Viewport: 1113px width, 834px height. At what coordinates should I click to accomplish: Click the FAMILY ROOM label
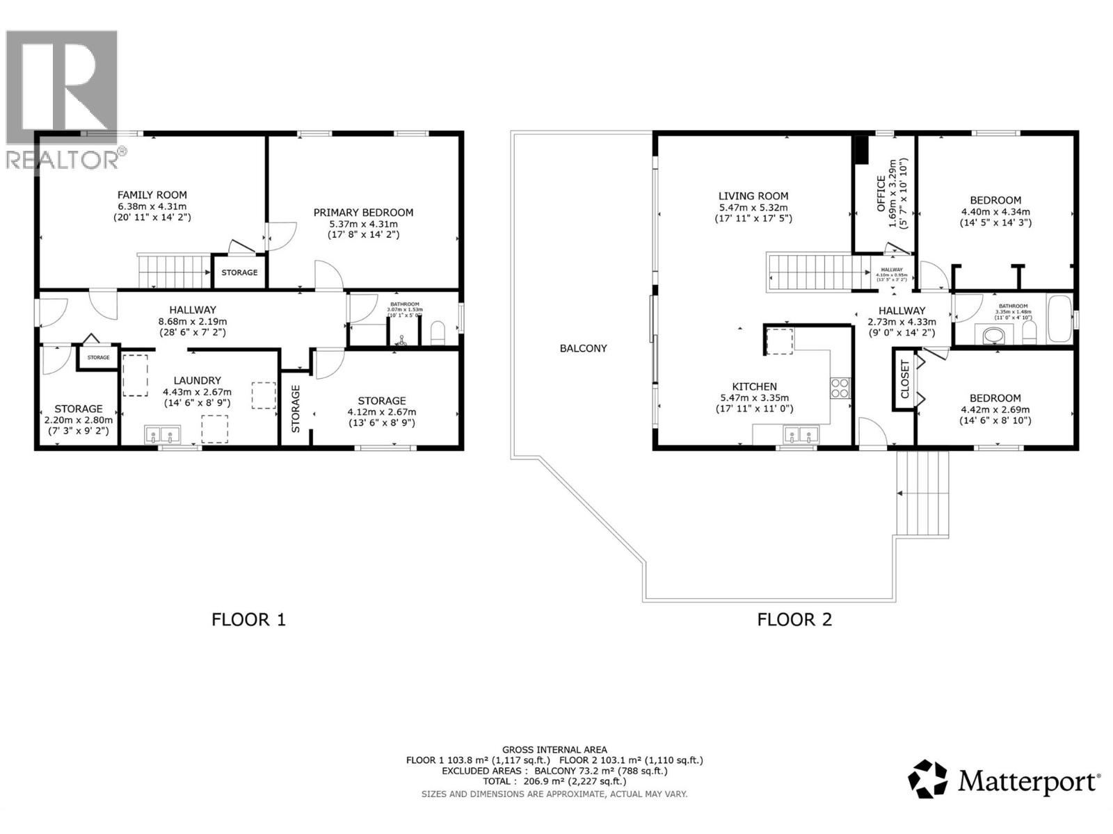click(152, 195)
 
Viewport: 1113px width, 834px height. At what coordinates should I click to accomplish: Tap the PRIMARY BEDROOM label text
click(363, 213)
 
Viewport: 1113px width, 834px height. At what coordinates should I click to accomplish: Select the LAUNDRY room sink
click(162, 435)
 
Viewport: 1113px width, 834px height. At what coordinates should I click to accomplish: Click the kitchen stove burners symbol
click(840, 387)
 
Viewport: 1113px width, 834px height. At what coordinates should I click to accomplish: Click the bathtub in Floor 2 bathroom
click(1059, 319)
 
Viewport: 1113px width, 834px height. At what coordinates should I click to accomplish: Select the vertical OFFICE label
click(881, 193)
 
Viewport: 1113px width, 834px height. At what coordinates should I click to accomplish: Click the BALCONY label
click(583, 348)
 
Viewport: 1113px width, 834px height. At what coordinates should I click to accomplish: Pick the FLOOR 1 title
click(248, 619)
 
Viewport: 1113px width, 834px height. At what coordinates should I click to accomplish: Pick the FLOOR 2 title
click(794, 619)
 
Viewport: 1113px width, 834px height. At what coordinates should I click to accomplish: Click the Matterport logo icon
click(928, 779)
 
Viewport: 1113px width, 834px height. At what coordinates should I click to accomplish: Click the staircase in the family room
click(174, 271)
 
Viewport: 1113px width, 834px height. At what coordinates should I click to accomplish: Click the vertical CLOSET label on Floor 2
click(904, 379)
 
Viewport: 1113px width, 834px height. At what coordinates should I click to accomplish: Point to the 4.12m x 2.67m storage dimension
click(382, 412)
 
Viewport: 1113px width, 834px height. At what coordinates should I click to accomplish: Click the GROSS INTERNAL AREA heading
click(554, 749)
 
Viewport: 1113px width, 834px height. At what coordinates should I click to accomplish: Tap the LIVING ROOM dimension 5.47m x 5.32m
click(753, 208)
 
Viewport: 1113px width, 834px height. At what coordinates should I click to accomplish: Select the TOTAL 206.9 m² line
click(554, 781)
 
